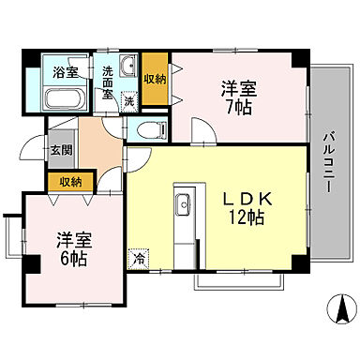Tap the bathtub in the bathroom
pos(67,97)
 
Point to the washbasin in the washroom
pos(129,66)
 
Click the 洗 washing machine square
pos(129,100)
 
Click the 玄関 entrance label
pos(61,147)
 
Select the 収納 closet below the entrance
pos(69,183)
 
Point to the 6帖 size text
pos(71,258)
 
